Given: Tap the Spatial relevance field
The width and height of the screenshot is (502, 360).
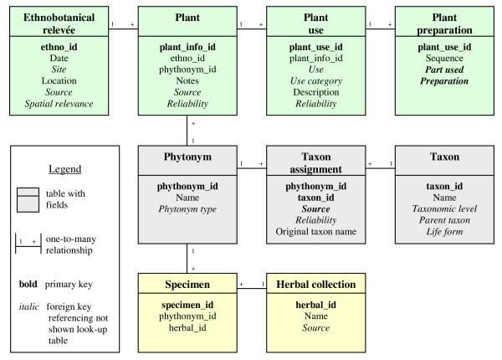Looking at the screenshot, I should pos(59,104).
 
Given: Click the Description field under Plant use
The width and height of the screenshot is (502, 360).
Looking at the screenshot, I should pos(316,93).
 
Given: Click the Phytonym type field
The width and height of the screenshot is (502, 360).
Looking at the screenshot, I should pos(187,209).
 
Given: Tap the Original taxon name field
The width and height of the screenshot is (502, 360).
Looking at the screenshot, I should pos(316,231).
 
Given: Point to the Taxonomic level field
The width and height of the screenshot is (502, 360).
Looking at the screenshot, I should pos(444,209).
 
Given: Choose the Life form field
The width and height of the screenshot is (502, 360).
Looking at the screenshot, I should pos(444,231).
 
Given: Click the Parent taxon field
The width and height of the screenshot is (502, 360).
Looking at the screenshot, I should pos(444,220).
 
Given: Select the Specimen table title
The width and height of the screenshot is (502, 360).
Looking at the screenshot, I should pos(187,285).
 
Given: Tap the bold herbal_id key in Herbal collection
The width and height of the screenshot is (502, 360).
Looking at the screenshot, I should pos(316,306).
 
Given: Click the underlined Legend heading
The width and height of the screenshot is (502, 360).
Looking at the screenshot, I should pos(64,168).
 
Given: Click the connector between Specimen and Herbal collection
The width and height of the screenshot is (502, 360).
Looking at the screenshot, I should pos(250,289).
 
